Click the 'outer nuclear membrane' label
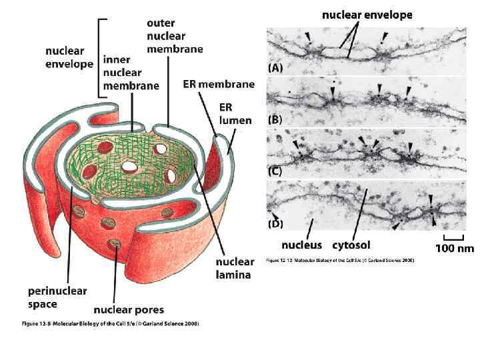(175, 36)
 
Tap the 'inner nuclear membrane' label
(131, 72)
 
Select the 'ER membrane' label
(219, 85)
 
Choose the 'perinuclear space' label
(57, 297)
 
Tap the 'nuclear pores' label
(129, 309)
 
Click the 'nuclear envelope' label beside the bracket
(65, 57)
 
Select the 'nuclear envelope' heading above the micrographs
(367, 14)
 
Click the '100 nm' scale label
(455, 249)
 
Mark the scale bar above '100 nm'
(454, 237)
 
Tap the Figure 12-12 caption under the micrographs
(340, 260)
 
